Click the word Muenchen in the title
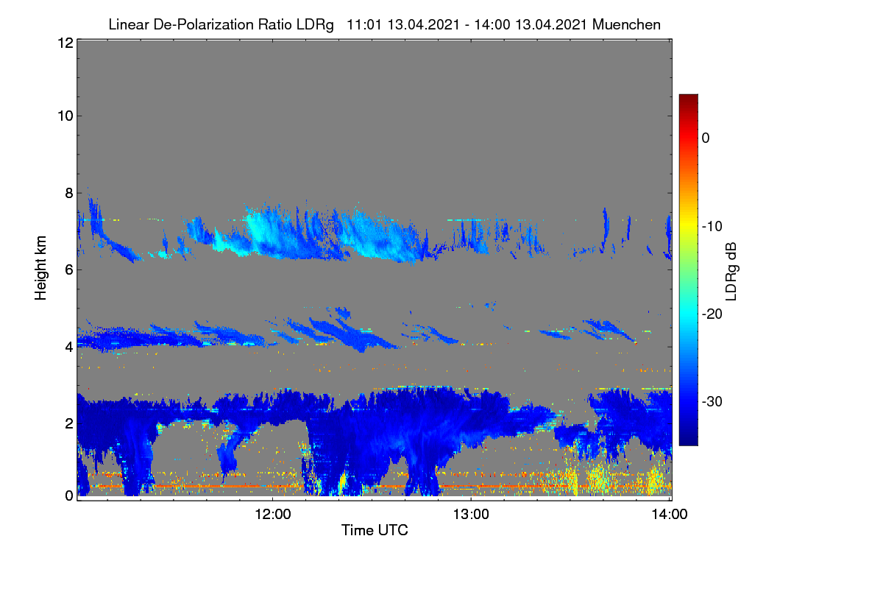click(x=626, y=25)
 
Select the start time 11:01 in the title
click(x=364, y=25)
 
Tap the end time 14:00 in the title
click(x=492, y=25)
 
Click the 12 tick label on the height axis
click(x=65, y=43)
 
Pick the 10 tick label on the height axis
click(x=65, y=116)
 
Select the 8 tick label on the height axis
click(x=69, y=194)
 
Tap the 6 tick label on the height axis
click(x=69, y=270)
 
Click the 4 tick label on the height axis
click(x=69, y=348)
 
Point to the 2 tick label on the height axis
click(x=69, y=423)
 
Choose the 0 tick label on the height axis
click(x=69, y=496)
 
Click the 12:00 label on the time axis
click(x=273, y=515)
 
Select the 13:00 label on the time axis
click(x=471, y=515)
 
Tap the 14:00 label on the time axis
click(x=670, y=515)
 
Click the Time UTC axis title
click(x=375, y=530)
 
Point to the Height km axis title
click(x=40, y=268)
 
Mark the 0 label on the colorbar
click(x=706, y=138)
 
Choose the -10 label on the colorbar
click(x=712, y=227)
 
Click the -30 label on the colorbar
click(x=712, y=401)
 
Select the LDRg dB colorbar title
click(x=731, y=272)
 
